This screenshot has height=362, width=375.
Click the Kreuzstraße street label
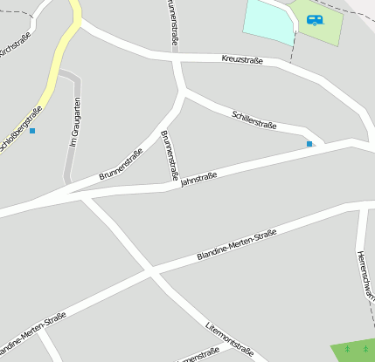click(244, 58)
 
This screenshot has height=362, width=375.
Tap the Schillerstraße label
click(254, 120)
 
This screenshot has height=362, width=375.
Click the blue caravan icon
click(315, 19)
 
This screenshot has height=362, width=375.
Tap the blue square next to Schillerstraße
click(309, 143)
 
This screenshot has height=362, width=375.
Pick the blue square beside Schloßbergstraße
click(32, 131)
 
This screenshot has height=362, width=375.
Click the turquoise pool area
click(267, 22)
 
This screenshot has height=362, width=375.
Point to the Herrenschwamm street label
click(366, 275)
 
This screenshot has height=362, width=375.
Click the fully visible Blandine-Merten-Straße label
click(237, 244)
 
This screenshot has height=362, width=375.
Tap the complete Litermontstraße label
click(229, 339)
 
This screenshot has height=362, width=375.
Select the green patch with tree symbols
click(353, 350)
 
